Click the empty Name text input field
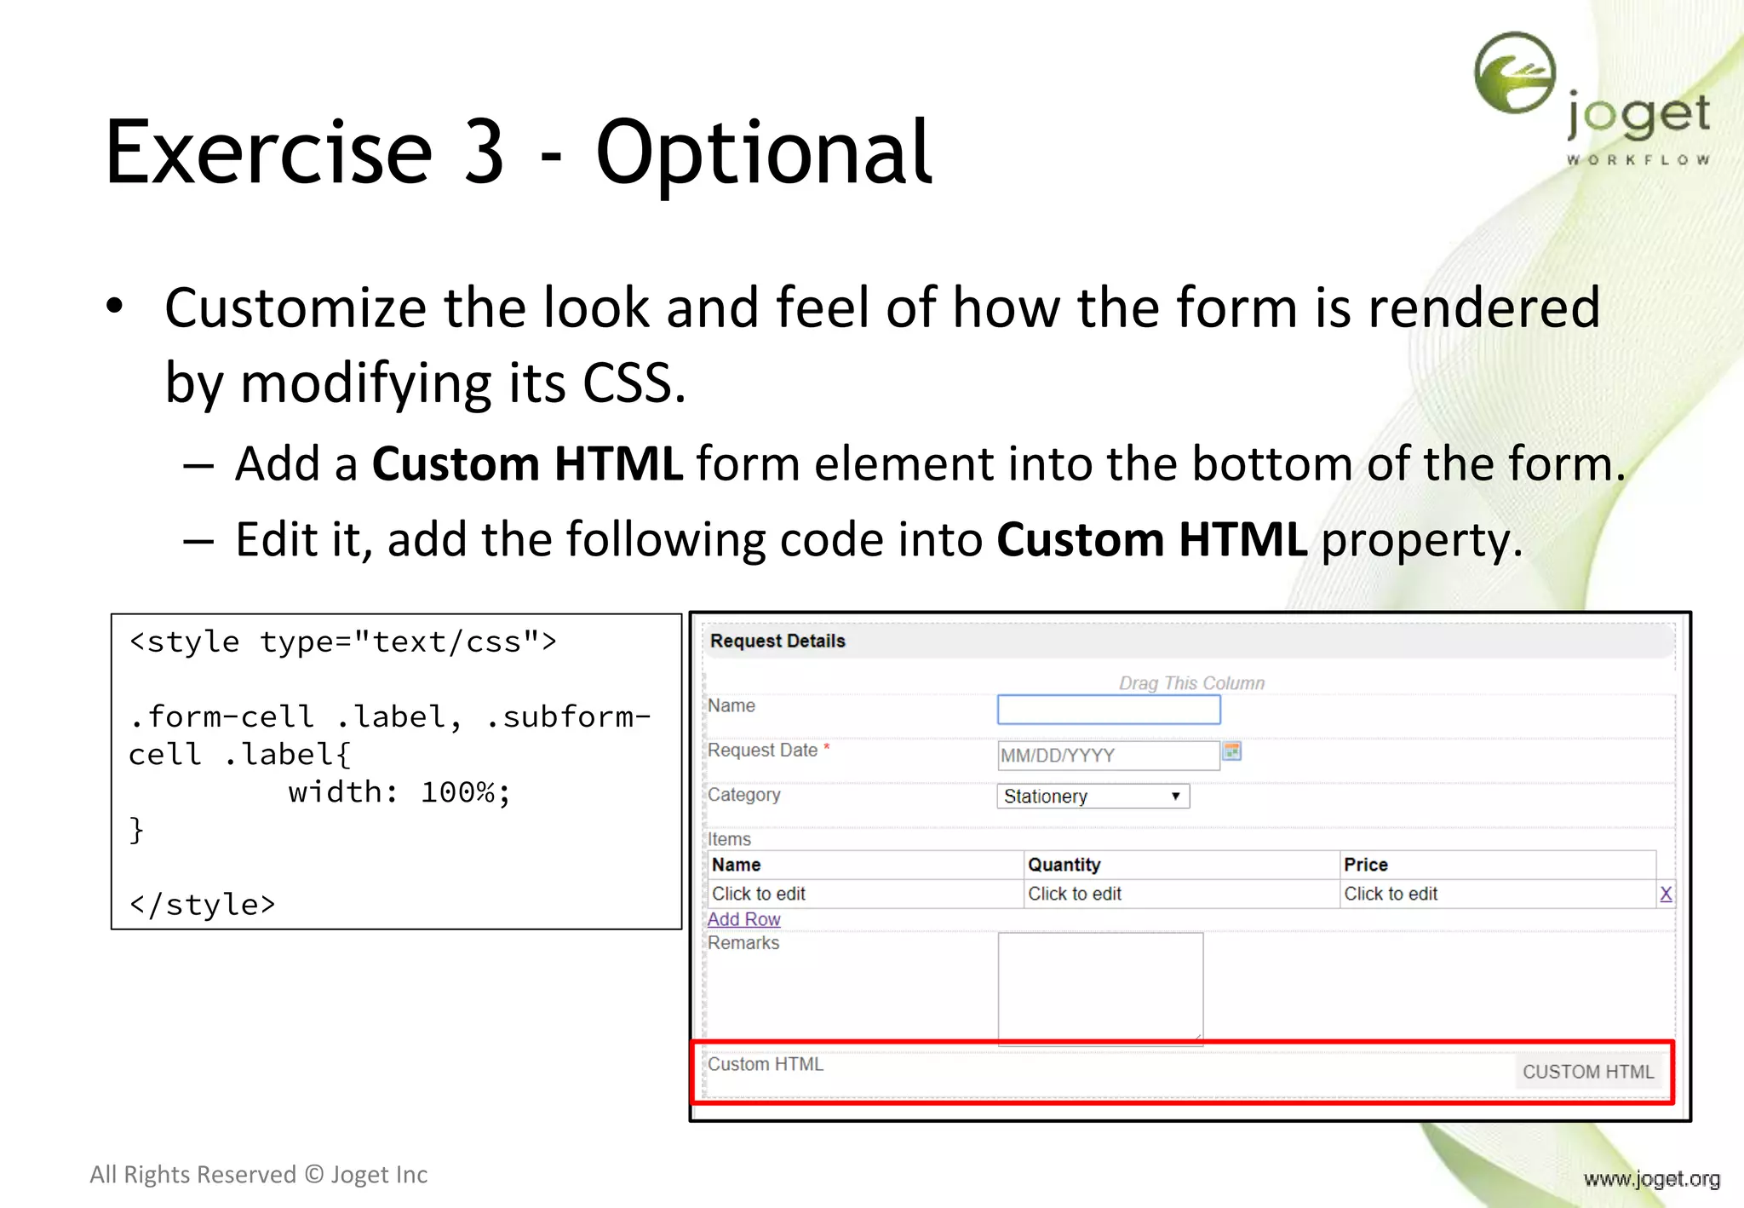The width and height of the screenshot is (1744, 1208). tap(1108, 710)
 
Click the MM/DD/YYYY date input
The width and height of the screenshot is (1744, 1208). tap(1107, 755)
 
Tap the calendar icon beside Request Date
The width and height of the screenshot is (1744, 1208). tap(1231, 751)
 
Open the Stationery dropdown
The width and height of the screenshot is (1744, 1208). tap(1093, 796)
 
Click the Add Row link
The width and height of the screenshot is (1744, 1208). tap(743, 919)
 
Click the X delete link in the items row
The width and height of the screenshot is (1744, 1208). tap(1666, 894)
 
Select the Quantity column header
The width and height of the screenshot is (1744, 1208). tap(1064, 865)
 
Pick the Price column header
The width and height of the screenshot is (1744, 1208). tap(1365, 865)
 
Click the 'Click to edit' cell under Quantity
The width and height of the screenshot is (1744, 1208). tap(1074, 894)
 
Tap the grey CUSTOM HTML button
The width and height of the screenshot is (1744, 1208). tap(1587, 1072)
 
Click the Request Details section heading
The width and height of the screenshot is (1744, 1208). tap(777, 641)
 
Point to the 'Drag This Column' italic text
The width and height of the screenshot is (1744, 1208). tap(1190, 683)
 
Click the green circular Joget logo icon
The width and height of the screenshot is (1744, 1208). tap(1514, 72)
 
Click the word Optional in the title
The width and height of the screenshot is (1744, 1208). tap(763, 153)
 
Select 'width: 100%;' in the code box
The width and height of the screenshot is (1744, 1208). tap(399, 792)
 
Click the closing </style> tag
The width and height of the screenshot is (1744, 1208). tap(202, 905)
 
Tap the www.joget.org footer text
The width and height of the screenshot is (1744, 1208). tap(1651, 1179)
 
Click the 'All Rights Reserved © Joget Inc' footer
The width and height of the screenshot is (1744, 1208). tap(258, 1175)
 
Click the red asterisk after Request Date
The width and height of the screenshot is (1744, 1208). tap(826, 747)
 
